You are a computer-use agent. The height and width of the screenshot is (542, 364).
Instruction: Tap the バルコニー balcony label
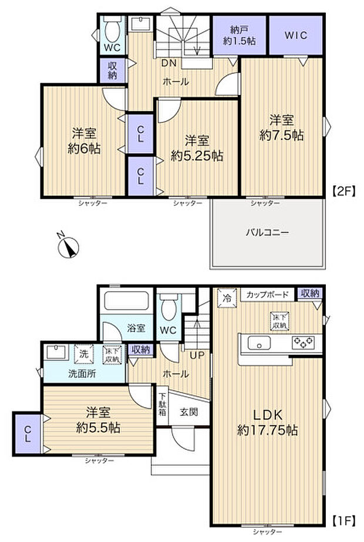point(267,232)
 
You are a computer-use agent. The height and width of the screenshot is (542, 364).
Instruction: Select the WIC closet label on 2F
point(295,35)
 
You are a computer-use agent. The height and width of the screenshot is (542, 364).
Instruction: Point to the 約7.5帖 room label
point(282,127)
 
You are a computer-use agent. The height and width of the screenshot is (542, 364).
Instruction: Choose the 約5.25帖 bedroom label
point(197,148)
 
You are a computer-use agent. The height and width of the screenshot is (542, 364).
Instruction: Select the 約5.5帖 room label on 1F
point(98,420)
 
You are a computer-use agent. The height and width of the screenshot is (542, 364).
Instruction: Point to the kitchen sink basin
point(258,343)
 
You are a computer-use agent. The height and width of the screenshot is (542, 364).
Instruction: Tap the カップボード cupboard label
point(267,294)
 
